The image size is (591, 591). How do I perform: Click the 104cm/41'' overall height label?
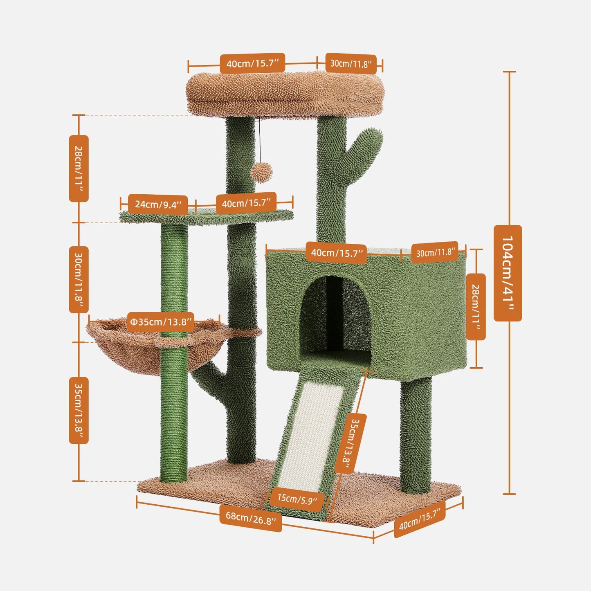coord(508,273)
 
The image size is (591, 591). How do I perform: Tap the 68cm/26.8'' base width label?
coord(251,518)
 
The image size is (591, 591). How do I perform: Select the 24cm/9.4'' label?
coord(157,204)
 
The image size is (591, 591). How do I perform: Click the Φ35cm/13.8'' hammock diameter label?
coord(161,322)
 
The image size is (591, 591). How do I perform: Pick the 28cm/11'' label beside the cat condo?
coord(476,307)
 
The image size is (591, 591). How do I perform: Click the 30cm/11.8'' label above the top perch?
coord(351,64)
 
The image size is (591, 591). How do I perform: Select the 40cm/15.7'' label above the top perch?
coord(252,63)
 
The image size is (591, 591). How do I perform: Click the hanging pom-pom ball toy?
coord(261,172)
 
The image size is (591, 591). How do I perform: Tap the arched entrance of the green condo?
coord(335,315)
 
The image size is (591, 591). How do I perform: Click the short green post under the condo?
coord(416,434)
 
